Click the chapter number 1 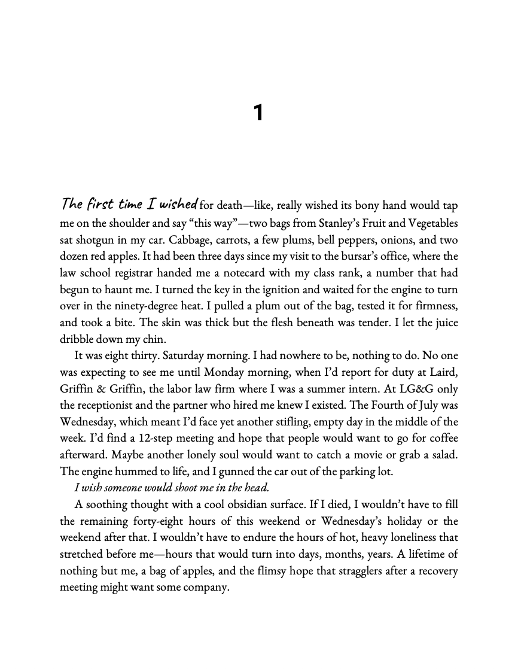click(x=258, y=113)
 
